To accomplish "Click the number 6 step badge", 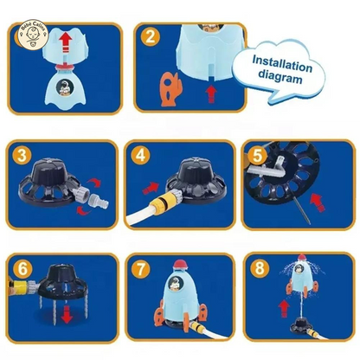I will (23, 267).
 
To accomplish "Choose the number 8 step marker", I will (256, 267).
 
